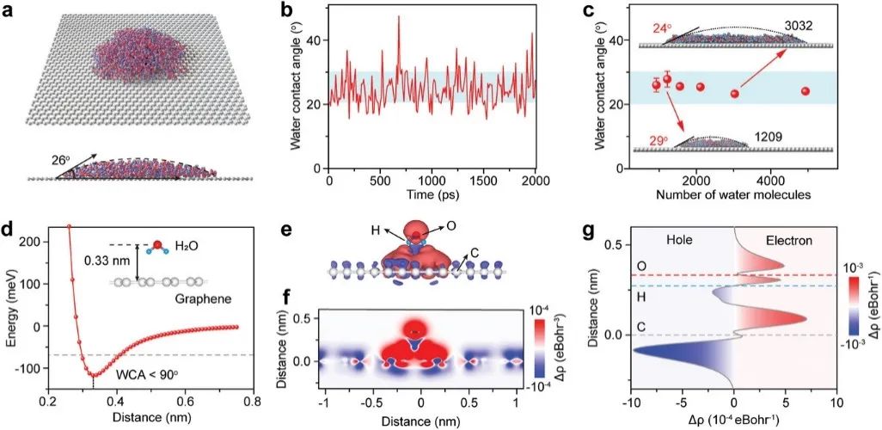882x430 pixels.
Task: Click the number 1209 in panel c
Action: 771,136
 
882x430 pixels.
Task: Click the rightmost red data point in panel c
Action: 805,91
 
